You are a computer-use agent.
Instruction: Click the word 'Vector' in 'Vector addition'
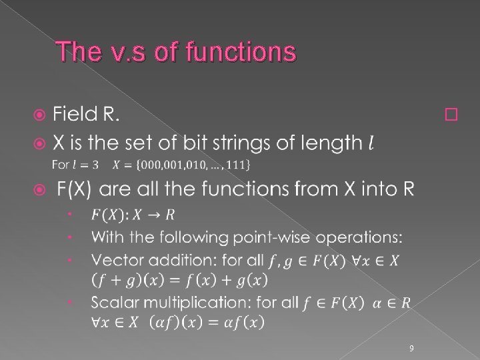[x=113, y=259]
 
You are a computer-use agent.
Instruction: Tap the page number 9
[x=411, y=347]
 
